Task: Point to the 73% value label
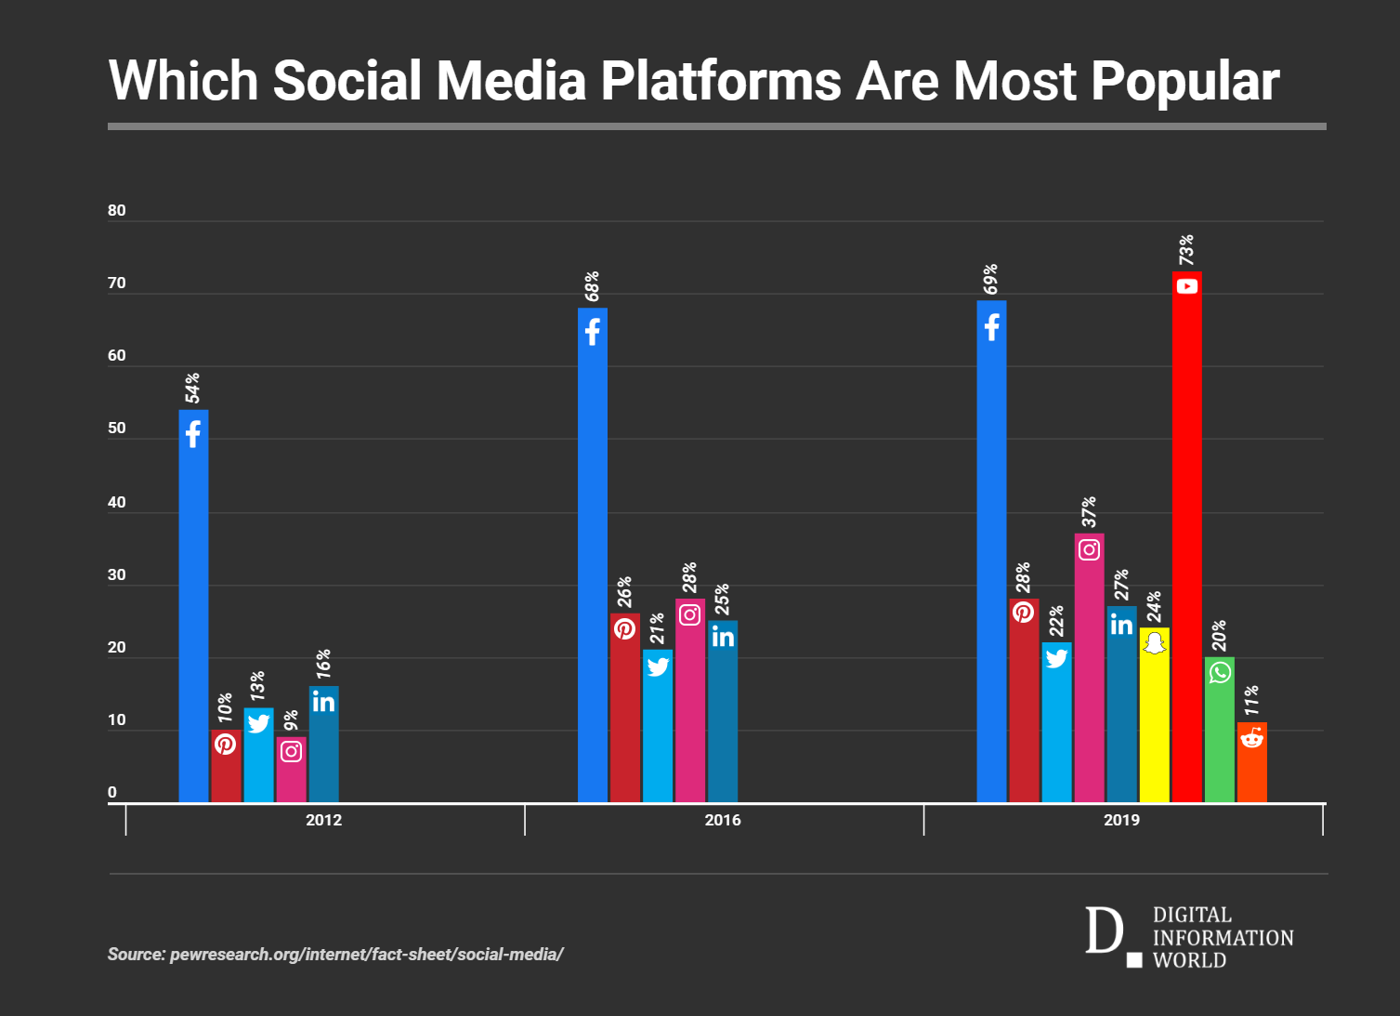[1186, 250]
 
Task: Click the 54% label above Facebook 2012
[192, 388]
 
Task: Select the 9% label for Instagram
[291, 720]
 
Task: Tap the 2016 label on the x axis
[723, 820]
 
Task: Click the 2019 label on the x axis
[1121, 820]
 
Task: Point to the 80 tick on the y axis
[117, 211]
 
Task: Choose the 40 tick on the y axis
[117, 503]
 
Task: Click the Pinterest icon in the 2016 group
[624, 628]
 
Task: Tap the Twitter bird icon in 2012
[258, 722]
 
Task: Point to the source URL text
[335, 955]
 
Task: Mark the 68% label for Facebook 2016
[592, 286]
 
